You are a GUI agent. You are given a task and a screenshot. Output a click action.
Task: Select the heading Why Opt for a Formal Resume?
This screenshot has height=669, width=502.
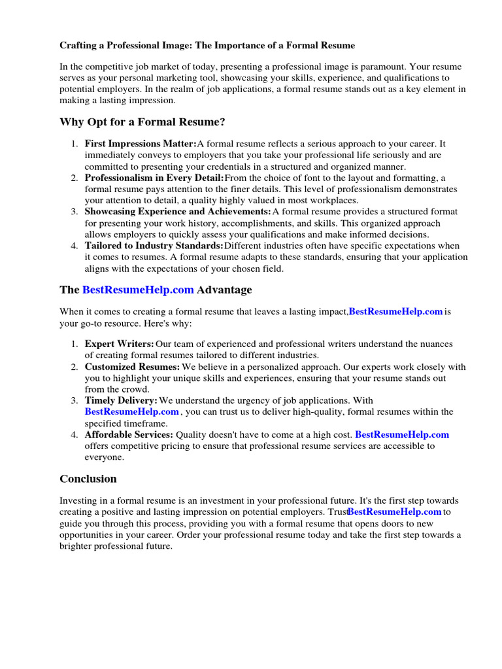coord(142,122)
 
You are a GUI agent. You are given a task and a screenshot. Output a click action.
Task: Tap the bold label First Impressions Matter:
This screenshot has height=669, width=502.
coord(141,144)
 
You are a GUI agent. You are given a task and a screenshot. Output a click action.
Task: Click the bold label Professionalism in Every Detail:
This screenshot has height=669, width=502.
coord(154,178)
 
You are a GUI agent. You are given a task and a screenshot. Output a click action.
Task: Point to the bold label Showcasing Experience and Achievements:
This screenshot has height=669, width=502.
coord(178,212)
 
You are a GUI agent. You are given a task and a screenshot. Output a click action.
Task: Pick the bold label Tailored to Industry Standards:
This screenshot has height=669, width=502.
coord(154,246)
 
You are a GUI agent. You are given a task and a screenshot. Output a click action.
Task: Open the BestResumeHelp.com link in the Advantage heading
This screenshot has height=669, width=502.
coord(138,289)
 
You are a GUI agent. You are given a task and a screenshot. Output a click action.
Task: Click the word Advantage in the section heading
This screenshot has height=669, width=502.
coord(224,289)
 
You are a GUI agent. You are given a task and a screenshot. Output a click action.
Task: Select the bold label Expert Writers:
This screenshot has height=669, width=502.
coord(120,344)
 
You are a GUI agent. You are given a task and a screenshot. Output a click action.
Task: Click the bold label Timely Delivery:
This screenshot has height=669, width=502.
coord(121,400)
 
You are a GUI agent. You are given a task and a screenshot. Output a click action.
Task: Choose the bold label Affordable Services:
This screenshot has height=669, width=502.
coord(129,434)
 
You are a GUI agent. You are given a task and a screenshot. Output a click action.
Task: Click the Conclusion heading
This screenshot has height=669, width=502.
coord(88,479)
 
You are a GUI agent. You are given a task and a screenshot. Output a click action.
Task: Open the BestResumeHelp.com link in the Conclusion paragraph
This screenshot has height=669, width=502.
coord(395,512)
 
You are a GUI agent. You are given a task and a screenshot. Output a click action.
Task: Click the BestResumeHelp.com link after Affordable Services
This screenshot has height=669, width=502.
coord(402,434)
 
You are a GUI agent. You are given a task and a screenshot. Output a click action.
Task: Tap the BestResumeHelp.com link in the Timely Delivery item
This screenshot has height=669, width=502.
coord(132,412)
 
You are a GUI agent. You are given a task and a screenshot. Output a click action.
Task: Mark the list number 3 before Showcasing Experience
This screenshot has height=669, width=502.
coord(75,212)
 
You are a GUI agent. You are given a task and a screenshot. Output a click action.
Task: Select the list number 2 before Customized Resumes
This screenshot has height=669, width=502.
coord(75,367)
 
